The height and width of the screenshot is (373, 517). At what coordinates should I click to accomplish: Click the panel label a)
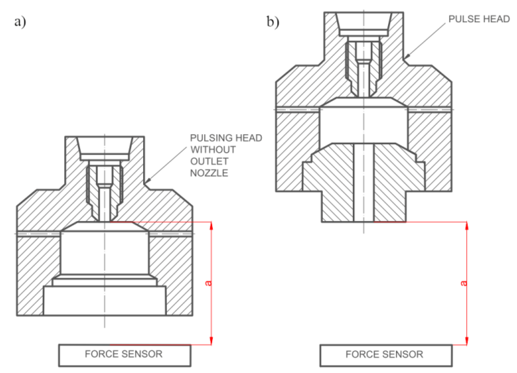20,22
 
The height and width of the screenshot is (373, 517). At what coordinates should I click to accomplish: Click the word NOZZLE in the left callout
209,173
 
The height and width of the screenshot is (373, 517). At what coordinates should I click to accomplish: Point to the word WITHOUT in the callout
213,150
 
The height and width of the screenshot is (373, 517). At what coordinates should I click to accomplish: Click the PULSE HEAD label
479,19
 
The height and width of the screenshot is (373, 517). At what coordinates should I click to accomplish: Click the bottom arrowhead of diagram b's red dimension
467,341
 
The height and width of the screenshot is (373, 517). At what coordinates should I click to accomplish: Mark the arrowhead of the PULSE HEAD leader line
407,56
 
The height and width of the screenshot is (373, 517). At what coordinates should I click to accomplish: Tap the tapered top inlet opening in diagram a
105,146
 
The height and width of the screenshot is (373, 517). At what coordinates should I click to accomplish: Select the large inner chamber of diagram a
105,252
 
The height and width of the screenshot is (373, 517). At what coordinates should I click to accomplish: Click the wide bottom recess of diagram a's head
105,301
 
